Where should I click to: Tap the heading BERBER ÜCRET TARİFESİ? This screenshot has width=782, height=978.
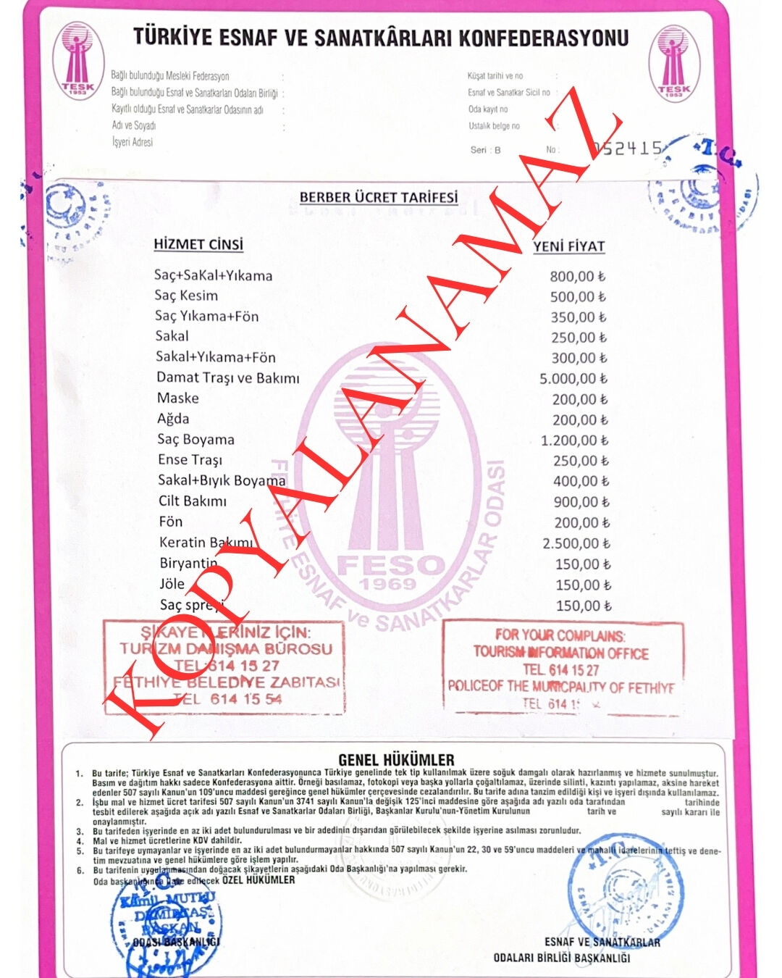379,197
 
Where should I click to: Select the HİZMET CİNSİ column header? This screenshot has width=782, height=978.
198,244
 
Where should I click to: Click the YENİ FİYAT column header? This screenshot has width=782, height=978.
568,246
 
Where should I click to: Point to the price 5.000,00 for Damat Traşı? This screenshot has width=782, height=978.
573,378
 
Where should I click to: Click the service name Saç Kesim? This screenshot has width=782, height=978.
186,296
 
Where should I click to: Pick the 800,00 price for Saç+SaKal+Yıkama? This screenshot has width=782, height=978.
577,276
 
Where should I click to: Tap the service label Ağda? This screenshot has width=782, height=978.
173,419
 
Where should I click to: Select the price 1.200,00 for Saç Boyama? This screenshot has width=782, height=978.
574,440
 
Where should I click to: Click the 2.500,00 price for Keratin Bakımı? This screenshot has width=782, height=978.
576,543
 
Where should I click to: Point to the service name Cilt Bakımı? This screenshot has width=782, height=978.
193,501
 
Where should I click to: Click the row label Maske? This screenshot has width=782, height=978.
178,398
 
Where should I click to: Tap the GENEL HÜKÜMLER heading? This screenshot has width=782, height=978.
396,760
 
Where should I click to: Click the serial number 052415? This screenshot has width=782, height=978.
627,148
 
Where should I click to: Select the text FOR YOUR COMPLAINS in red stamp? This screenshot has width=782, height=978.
560,635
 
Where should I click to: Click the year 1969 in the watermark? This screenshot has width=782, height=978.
388,584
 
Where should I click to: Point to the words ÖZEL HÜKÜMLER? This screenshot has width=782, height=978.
258,879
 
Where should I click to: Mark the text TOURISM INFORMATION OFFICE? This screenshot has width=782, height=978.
561,653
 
